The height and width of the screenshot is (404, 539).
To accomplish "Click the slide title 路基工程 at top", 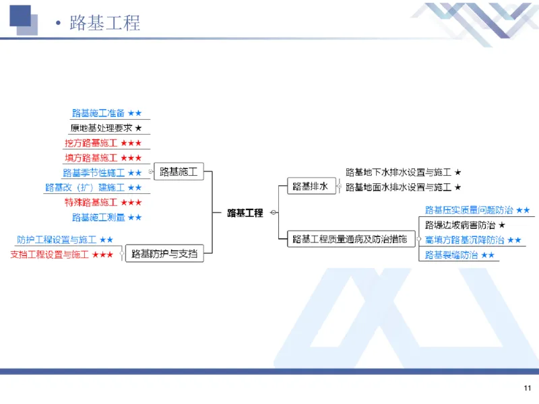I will [104, 22].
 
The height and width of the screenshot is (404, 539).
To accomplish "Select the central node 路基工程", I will [245, 213].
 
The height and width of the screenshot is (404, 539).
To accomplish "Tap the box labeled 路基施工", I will [179, 172].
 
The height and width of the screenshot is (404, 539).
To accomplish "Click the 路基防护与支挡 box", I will [164, 254].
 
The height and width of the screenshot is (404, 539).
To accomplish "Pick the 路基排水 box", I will [310, 187].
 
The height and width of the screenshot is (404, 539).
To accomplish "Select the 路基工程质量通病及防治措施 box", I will [350, 239].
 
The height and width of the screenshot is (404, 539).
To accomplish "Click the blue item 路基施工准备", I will [106, 113].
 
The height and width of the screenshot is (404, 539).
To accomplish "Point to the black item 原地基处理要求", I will [106, 128].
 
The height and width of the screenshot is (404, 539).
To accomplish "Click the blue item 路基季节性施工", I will [102, 172].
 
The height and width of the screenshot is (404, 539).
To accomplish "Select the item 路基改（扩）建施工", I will [93, 187].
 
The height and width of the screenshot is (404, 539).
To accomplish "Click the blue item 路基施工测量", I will [106, 217].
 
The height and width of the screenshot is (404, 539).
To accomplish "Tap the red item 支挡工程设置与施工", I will [61, 254].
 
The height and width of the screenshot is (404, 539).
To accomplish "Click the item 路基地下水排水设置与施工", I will [403, 172].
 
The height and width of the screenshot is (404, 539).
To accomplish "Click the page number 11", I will [527, 388].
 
